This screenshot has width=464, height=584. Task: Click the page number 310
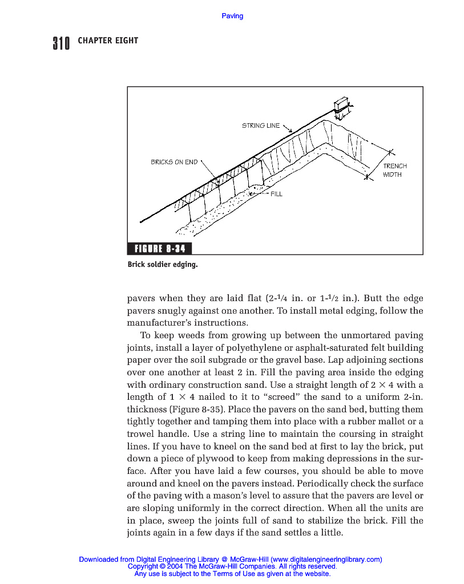coord(61,43)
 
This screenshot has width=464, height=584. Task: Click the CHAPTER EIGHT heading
coord(108,40)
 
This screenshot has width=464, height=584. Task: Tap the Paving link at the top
coord(232,16)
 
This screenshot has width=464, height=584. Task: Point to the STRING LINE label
coord(261,125)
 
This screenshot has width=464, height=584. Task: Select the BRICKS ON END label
coord(174,162)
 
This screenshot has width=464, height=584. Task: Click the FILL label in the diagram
coord(276,194)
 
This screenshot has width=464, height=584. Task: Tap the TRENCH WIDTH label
coord(394,170)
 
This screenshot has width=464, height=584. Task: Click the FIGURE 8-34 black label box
coord(160,249)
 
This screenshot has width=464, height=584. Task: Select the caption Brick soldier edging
coord(163,265)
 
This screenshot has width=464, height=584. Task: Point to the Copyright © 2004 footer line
coord(232,566)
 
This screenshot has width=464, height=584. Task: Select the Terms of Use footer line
coord(232,574)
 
